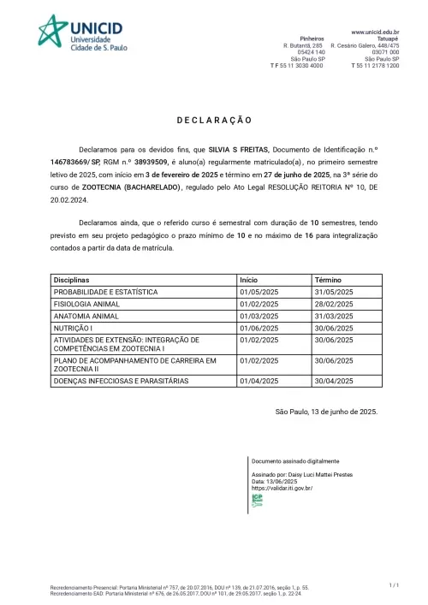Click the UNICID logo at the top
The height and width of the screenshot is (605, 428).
point(82,33)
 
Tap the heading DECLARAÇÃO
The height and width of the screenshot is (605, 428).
point(214,122)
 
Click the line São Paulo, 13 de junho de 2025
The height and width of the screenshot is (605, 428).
point(326,412)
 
